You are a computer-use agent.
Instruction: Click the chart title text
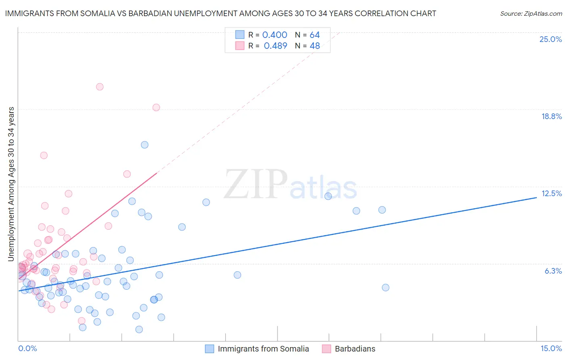click(221, 13)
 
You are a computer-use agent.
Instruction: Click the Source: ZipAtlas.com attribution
click(531, 13)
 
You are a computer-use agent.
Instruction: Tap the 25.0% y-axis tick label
click(550, 39)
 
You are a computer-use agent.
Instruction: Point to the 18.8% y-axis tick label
click(551, 116)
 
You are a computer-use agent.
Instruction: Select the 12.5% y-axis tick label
click(551, 193)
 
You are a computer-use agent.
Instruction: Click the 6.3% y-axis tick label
click(553, 271)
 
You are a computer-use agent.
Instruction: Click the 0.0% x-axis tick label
click(27, 348)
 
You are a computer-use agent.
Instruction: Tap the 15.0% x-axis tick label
click(551, 348)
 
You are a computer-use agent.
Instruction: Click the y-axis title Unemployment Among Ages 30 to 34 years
click(11, 184)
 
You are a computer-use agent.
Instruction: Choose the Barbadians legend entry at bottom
click(355, 349)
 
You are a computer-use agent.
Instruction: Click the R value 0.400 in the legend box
click(275, 35)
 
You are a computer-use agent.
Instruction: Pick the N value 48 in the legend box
click(315, 46)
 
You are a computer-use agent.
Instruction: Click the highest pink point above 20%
click(100, 87)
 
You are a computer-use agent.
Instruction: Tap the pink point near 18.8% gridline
click(156, 107)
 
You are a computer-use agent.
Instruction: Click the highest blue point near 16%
click(144, 145)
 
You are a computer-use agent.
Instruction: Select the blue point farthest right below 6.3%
click(386, 288)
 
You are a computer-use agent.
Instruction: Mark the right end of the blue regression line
click(536, 197)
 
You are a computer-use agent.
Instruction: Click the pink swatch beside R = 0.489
click(240, 46)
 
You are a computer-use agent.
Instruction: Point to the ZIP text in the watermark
click(256, 184)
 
